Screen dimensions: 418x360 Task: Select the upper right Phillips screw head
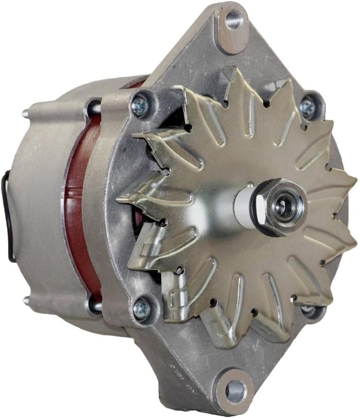307,107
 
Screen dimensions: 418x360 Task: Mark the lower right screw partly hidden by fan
308,309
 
